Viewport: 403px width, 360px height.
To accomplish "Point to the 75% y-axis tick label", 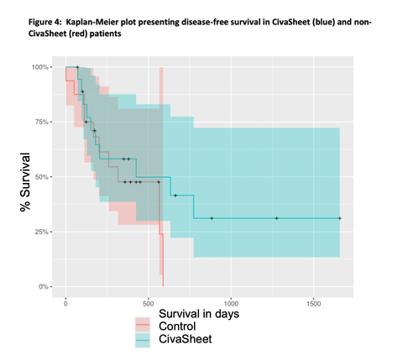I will (x=39, y=122).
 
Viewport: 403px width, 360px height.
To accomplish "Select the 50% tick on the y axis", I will (x=39, y=177).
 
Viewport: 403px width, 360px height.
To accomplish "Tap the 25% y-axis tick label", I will (x=39, y=232).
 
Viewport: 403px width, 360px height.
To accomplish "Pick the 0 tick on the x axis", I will (x=66, y=300).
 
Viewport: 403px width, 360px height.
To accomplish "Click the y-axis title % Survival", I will (x=26, y=177).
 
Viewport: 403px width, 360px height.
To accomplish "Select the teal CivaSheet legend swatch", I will (x=144, y=339).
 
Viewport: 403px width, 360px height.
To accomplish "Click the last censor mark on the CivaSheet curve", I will (x=339, y=218).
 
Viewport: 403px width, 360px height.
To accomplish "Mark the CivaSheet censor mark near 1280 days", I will (x=276, y=218).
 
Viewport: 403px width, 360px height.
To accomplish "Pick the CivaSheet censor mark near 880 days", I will (x=212, y=218).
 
